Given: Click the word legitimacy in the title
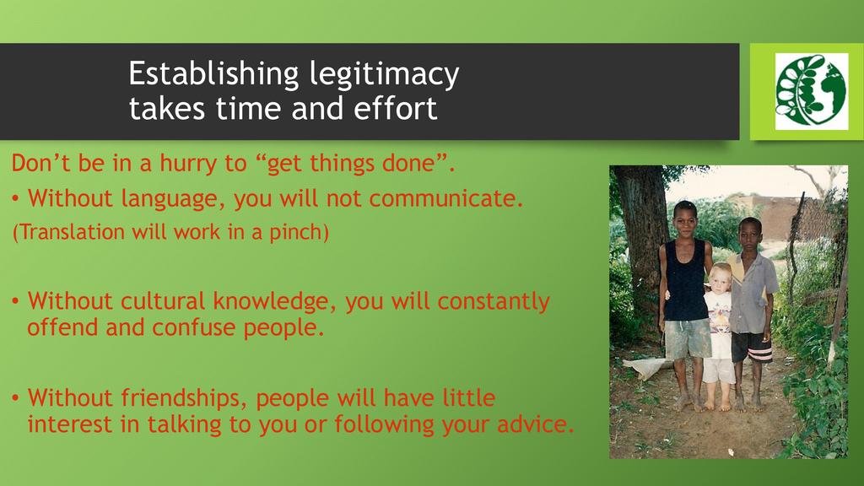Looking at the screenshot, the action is [384, 75].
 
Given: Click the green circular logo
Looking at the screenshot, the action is [811, 91].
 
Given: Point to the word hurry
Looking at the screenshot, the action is [188, 165].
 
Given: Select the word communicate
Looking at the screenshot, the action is [445, 198].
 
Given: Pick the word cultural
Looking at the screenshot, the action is [163, 301].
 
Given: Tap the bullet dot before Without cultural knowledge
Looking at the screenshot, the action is [16, 301].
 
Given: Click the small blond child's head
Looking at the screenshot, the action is [720, 278].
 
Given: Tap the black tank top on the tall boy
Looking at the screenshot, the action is [685, 280].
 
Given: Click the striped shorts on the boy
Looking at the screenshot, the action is [752, 347].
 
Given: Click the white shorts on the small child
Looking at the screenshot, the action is [719, 370].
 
